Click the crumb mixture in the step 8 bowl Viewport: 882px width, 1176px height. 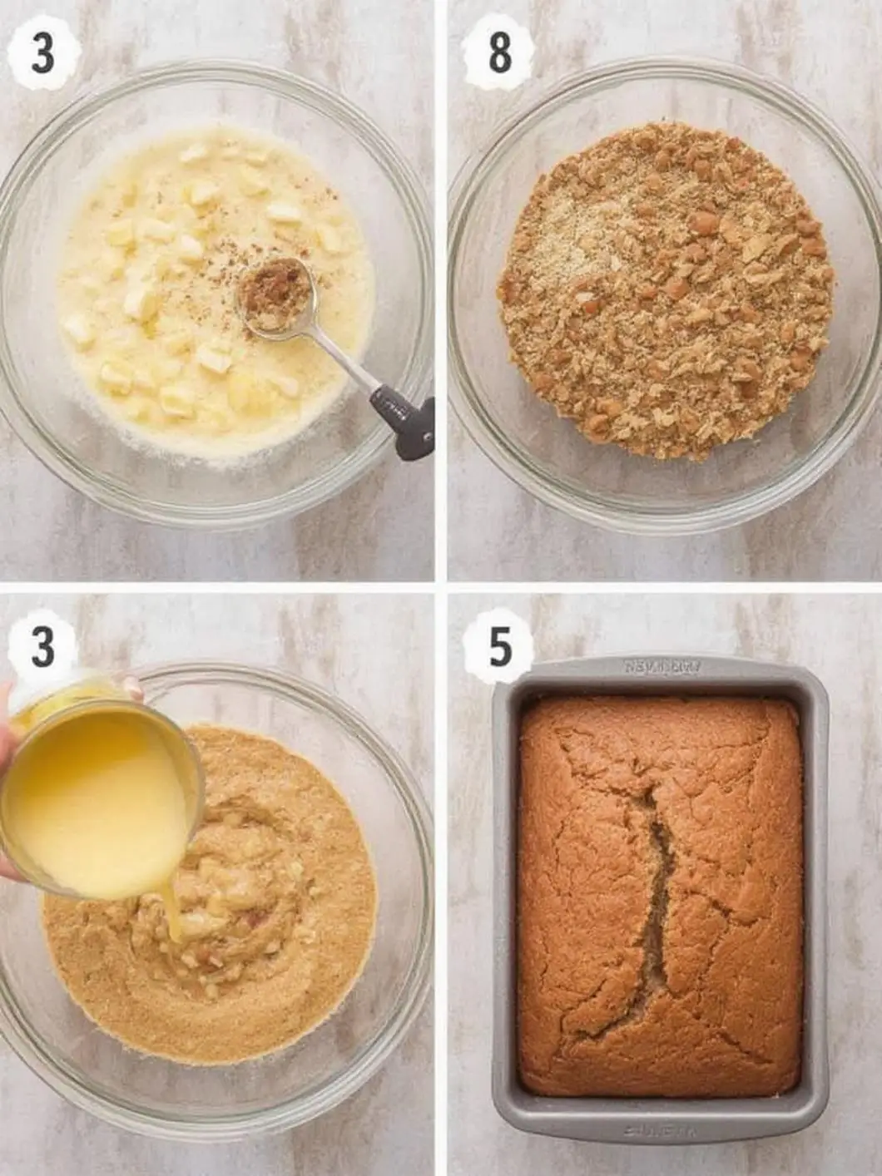pyautogui.click(x=666, y=291)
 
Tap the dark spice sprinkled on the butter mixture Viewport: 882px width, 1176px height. pyautogui.click(x=225, y=274)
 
